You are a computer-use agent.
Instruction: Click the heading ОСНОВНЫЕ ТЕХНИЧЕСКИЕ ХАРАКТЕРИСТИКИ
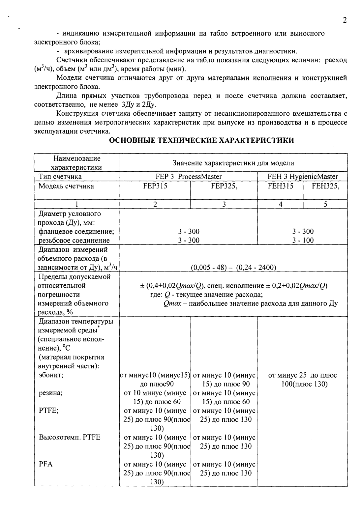tap(201, 141)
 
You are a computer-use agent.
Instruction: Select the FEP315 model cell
tap(155, 186)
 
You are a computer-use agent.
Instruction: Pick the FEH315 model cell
tap(280, 186)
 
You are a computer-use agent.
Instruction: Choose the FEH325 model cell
tap(325, 186)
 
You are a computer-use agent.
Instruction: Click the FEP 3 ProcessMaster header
tap(189, 177)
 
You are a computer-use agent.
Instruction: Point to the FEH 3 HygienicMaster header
tap(303, 177)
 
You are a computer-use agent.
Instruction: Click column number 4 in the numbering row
tap(280, 204)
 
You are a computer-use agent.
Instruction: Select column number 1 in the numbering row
tap(76, 204)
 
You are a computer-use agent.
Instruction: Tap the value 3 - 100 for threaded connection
tap(303, 240)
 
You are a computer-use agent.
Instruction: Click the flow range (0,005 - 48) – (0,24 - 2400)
tap(233, 268)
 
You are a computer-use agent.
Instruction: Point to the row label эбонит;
tap(51, 375)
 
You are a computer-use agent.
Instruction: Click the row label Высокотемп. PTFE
tap(70, 438)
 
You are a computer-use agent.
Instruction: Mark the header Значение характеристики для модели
tap(233, 163)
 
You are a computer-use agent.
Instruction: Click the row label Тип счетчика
tap(60, 177)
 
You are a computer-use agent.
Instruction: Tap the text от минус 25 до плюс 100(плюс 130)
tap(302, 380)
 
